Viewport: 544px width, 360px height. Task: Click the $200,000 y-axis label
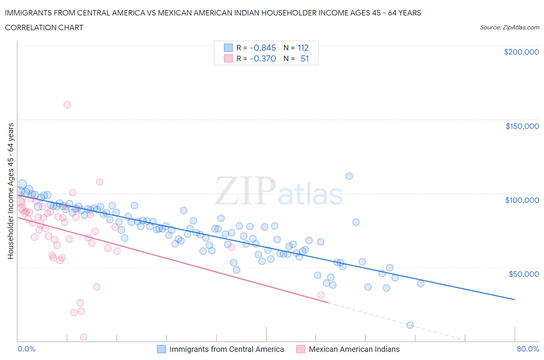(x=521, y=52)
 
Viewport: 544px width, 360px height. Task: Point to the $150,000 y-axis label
(x=522, y=126)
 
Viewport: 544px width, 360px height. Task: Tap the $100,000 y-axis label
(x=522, y=200)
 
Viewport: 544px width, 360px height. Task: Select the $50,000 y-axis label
(x=523, y=274)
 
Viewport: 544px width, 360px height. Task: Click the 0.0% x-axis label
(x=26, y=349)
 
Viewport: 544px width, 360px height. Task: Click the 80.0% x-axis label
(x=528, y=349)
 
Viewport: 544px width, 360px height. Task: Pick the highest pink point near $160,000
(x=67, y=105)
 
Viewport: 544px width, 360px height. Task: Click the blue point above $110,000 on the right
(x=349, y=176)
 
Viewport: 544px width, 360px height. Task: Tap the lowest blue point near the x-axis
(x=410, y=325)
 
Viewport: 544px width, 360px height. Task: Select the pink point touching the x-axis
(x=84, y=337)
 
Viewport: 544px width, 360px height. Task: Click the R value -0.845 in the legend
(x=263, y=48)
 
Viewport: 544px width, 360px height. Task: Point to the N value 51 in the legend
(x=305, y=58)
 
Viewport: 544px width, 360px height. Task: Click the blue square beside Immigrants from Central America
(x=161, y=349)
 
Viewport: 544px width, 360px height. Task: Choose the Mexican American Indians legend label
(x=354, y=349)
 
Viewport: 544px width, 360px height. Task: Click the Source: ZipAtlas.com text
(x=509, y=27)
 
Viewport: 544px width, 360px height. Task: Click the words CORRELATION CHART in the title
(x=44, y=27)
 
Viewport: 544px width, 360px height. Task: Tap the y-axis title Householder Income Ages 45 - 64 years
(x=11, y=191)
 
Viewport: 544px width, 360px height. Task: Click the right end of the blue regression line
(x=515, y=300)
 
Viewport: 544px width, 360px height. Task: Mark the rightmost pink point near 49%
(x=321, y=295)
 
